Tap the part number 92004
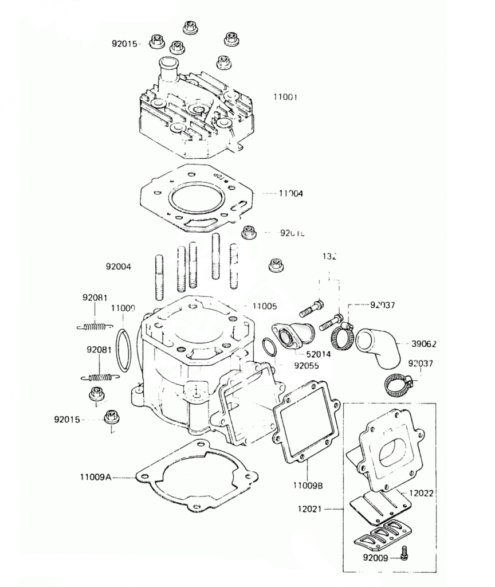tap(118, 267)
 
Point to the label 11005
tap(265, 306)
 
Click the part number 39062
tap(424, 344)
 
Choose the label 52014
tap(318, 354)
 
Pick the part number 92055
tap(307, 365)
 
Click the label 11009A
tap(96, 476)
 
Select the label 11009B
tap(308, 486)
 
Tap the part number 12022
tap(423, 492)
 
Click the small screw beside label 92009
tap(404, 553)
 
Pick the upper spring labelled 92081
tap(99, 327)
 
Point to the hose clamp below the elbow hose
tap(398, 385)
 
